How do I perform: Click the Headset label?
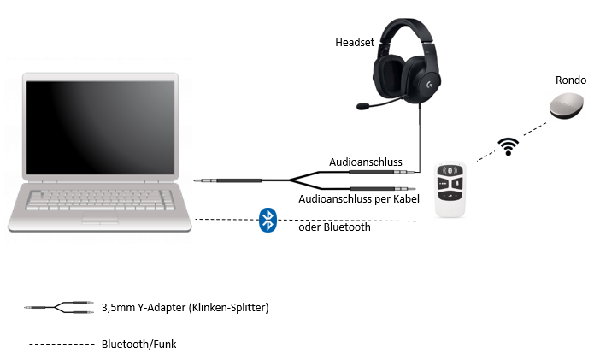click(x=355, y=42)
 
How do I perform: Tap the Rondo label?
click(x=571, y=80)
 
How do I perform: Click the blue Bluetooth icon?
click(x=268, y=221)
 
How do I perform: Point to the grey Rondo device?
click(x=567, y=106)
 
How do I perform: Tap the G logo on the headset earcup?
click(x=430, y=85)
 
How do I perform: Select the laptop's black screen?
click(x=100, y=127)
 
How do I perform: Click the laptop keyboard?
click(x=100, y=200)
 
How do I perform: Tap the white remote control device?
click(x=450, y=189)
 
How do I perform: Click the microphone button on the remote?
click(x=457, y=184)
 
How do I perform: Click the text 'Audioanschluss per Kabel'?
click(x=359, y=198)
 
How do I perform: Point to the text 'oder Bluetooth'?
click(x=334, y=227)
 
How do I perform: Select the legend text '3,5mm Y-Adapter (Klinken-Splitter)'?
click(x=185, y=308)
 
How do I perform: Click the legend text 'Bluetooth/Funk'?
click(x=139, y=345)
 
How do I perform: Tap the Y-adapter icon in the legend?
click(x=59, y=307)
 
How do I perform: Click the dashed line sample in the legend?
click(x=62, y=345)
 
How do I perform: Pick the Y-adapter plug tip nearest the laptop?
click(x=196, y=180)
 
